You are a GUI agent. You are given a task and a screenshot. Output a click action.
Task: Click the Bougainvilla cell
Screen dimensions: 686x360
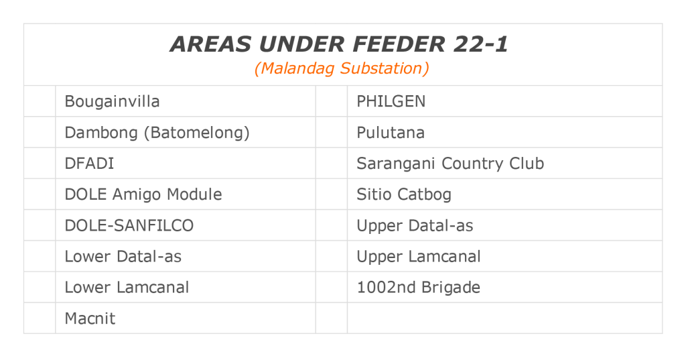coord(112,102)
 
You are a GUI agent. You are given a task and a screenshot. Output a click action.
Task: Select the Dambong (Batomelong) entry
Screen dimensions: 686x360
coord(157,133)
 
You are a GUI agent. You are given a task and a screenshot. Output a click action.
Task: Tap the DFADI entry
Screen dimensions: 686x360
coord(89,164)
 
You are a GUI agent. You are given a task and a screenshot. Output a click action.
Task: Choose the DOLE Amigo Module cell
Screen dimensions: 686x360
coord(143,194)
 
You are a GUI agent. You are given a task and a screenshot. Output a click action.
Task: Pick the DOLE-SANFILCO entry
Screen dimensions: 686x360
coord(129,225)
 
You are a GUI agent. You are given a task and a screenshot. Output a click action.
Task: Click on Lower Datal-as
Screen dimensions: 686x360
coord(123,256)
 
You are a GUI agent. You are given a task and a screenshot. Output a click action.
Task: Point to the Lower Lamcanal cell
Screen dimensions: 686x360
coord(127,288)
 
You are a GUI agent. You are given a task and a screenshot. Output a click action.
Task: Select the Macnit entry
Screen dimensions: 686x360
coord(90,318)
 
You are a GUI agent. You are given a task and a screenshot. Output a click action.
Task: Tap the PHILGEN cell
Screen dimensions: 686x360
coord(391,102)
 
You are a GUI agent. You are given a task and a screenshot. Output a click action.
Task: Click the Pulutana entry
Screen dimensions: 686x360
coord(391,133)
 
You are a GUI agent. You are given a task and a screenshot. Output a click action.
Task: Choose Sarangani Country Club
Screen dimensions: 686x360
coord(450,164)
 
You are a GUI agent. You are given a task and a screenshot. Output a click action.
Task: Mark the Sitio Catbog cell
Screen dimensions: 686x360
coord(404,194)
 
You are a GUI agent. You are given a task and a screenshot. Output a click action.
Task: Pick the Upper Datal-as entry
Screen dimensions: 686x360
coord(415,225)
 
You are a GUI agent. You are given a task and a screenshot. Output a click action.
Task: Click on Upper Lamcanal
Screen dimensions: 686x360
coord(419,256)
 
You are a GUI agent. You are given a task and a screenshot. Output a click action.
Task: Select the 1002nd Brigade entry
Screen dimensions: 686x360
coord(419,288)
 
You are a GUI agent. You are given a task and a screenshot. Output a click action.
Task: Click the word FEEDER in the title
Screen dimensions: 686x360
coord(399,44)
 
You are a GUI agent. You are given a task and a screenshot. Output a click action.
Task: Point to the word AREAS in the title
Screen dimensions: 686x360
coord(210,44)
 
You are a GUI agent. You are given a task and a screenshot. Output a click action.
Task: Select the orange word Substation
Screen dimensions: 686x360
coord(381,68)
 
